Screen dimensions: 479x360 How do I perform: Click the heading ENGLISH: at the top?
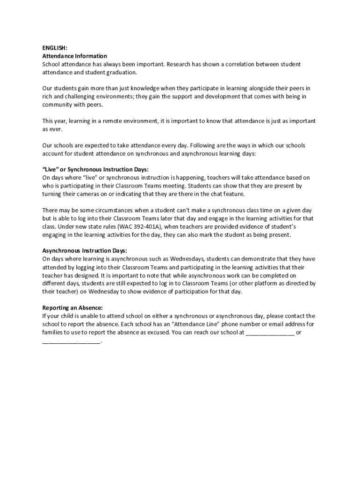point(55,48)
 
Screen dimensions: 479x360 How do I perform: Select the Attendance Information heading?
point(75,56)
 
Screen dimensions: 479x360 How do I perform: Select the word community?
point(57,105)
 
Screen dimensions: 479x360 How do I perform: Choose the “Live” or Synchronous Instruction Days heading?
point(95,170)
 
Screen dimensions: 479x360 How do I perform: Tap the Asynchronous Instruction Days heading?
point(85,251)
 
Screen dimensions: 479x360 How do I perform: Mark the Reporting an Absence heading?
point(72,308)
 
